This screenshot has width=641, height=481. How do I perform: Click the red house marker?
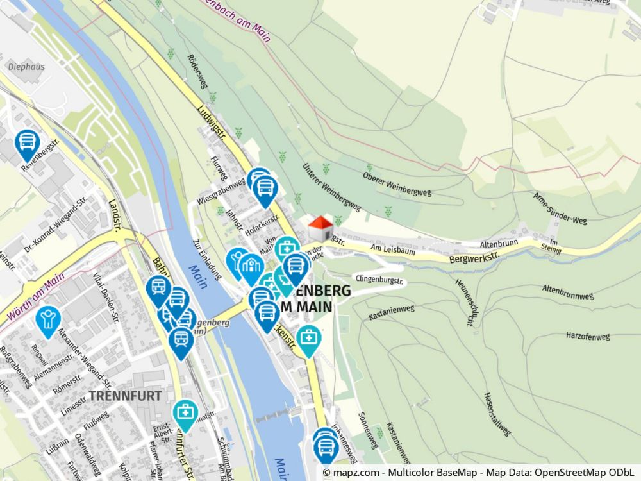point(321,228)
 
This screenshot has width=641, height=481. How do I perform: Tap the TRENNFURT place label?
point(125,396)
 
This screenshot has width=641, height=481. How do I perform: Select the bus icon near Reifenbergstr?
point(27,144)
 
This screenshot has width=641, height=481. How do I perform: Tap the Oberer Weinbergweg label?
point(397,184)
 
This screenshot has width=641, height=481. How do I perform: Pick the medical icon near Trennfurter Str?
point(185,414)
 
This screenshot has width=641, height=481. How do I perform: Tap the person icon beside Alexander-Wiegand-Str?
point(48,319)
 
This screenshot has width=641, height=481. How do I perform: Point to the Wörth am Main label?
point(37,298)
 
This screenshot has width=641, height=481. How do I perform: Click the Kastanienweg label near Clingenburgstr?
point(392,312)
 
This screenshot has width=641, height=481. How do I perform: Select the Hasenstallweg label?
point(497,414)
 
